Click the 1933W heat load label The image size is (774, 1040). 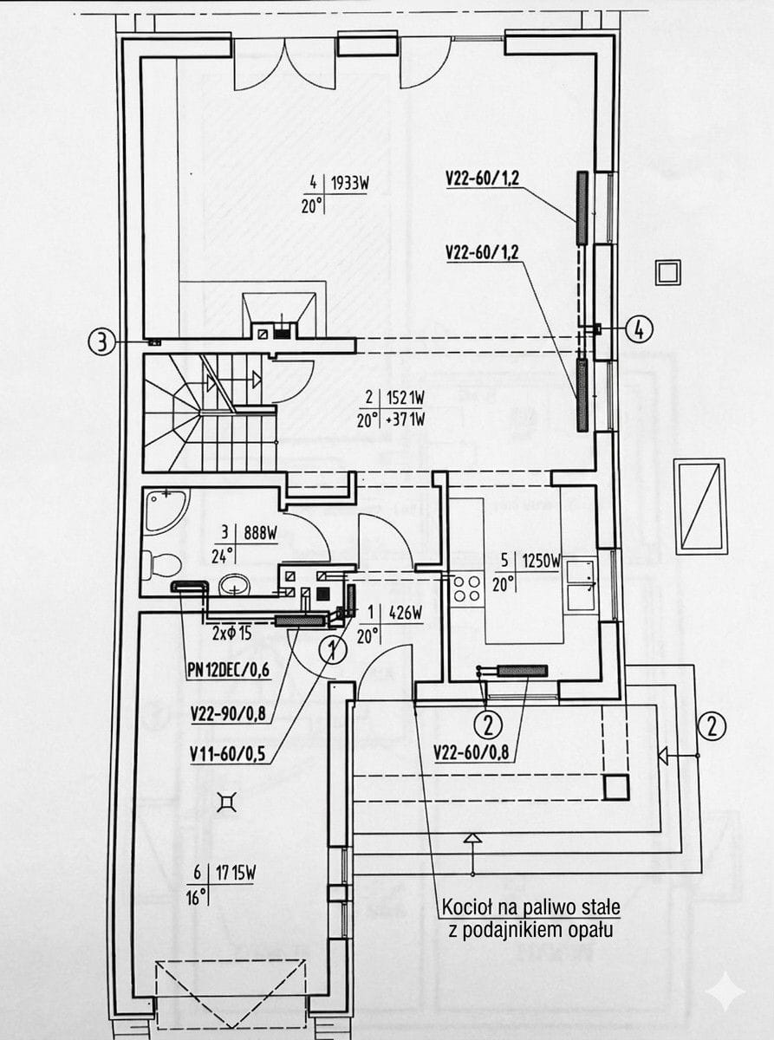pos(349,184)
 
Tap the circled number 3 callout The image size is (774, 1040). pos(101,342)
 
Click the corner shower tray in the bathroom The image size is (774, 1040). pos(164,511)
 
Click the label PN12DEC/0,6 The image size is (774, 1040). pos(228,671)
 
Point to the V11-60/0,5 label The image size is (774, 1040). pos(227,755)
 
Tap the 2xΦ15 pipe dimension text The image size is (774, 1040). pos(231,634)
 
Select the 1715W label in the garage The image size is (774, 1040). pos(236,874)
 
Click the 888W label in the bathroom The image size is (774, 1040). pos(260,533)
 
